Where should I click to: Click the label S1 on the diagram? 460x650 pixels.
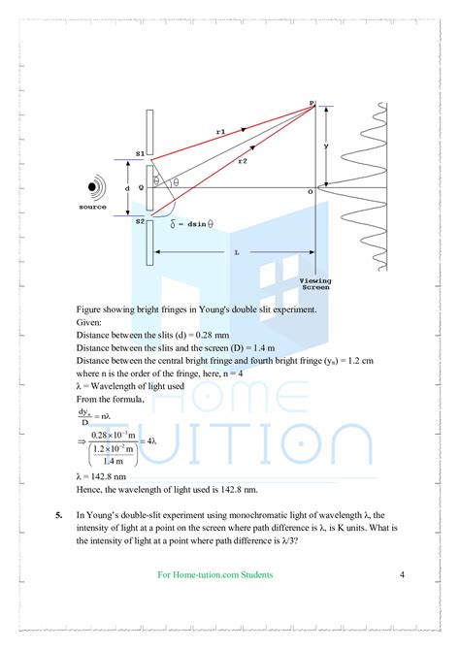coord(140,153)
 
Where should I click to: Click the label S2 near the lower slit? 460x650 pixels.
coord(140,222)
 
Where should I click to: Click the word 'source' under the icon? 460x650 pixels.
coord(92,206)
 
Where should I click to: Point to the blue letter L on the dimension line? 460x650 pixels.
coord(236,251)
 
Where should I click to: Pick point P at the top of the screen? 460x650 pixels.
coord(312,102)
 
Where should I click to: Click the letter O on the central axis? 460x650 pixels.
coord(310,193)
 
